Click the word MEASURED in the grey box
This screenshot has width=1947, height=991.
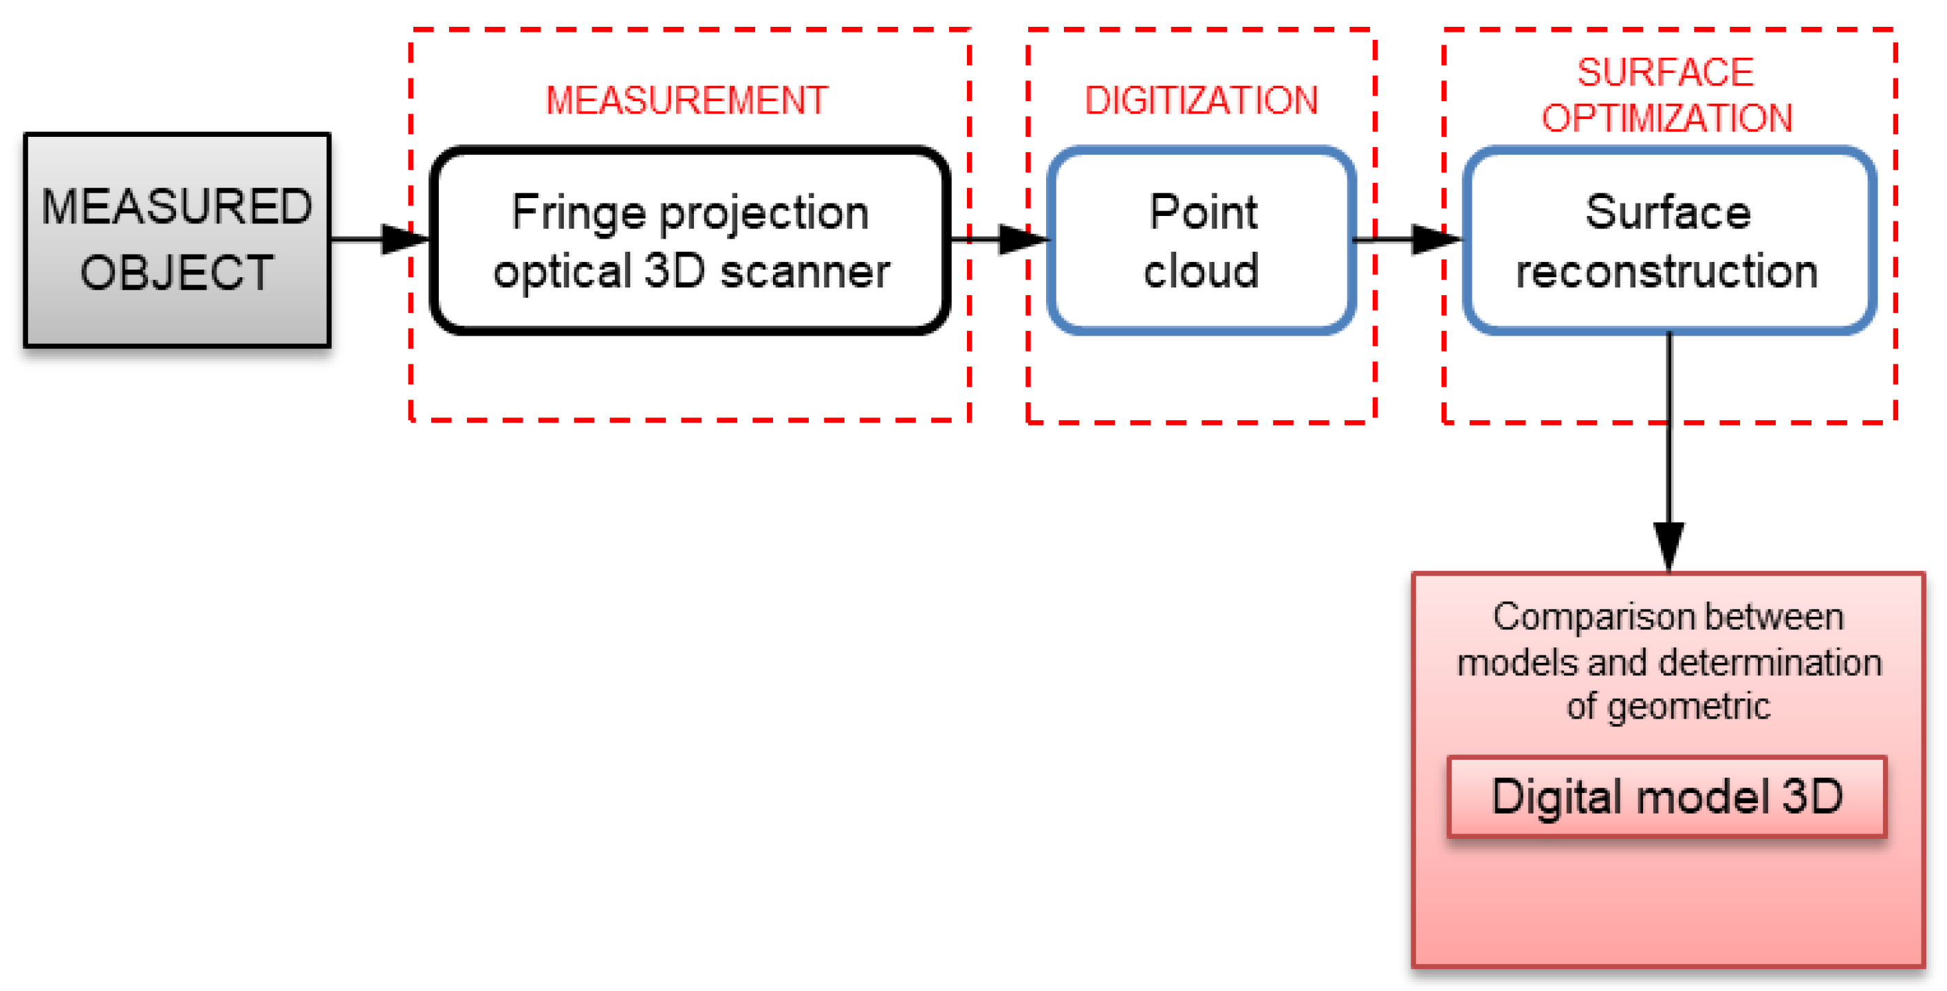coord(177,206)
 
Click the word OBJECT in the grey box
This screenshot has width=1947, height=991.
coord(177,273)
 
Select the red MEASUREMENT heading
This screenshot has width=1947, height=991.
coord(687,100)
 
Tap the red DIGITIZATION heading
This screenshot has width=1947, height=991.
coord(1201,100)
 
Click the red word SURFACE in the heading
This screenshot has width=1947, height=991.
coord(1665,73)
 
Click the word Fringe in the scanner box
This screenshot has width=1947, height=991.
coord(578,213)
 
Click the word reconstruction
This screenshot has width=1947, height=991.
coord(1666,272)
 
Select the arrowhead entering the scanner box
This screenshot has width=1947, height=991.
coord(405,239)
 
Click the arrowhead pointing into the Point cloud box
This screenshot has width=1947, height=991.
coord(1023,239)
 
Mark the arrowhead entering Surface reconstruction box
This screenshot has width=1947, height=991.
coord(1435,239)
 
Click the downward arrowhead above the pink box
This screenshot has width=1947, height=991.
coord(1669,546)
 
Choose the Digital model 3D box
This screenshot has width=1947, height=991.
coord(1666,797)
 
